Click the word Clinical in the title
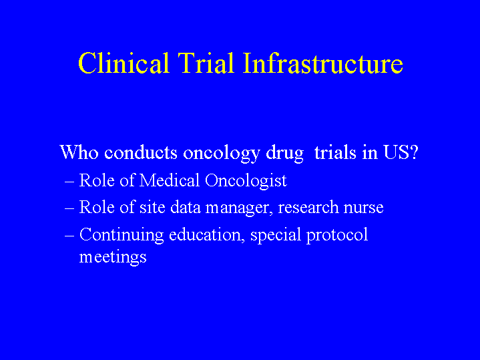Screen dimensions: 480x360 pos(124,63)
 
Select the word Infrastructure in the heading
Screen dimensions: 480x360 pos(323,63)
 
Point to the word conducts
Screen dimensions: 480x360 pos(141,152)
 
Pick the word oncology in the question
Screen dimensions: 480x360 pos(222,154)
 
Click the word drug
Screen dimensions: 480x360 pos(284,154)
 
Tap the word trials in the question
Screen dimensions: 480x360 pos(335,152)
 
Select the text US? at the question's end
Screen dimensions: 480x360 pos(401,152)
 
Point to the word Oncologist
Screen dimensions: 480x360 pos(246,182)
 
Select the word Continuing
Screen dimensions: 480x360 pos(122,236)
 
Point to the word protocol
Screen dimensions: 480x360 pos(337,236)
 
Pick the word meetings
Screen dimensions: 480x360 pos(113,256)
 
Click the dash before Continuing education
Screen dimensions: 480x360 pos(69,236)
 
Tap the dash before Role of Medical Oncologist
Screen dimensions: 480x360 pos(69,182)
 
